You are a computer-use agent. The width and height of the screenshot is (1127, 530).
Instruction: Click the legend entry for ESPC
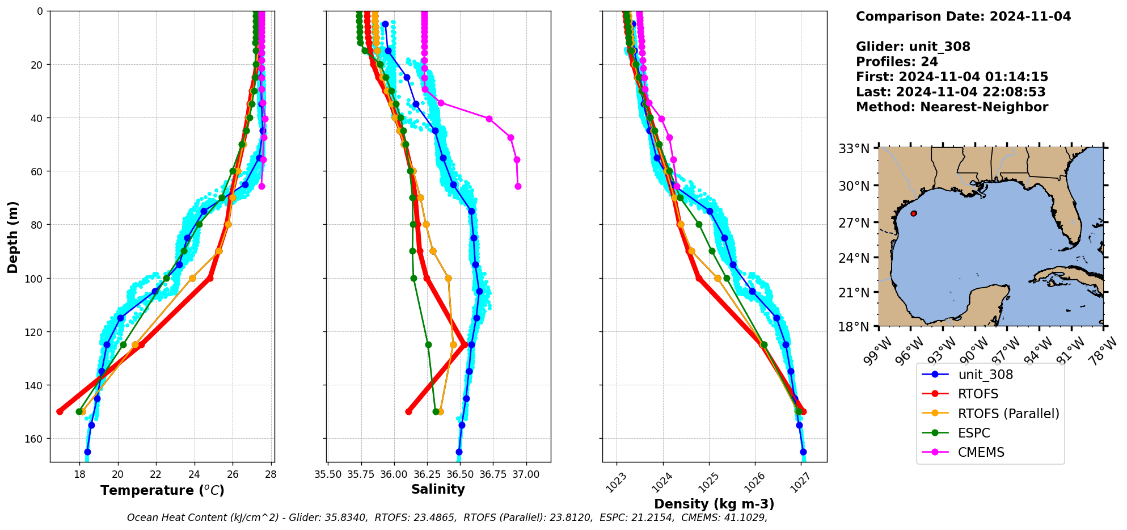973,433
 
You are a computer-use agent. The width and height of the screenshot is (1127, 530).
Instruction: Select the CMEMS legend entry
981,452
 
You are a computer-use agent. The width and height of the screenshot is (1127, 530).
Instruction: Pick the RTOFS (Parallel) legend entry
1008,414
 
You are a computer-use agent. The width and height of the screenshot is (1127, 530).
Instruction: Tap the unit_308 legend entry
985,375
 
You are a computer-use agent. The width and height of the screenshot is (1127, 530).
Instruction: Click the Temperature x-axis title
162,490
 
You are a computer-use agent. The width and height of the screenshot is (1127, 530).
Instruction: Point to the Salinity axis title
438,490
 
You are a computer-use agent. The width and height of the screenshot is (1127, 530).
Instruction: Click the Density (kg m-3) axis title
714,504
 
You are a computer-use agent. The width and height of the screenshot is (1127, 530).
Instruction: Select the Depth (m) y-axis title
13,237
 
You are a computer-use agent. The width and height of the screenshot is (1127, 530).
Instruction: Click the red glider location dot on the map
914,213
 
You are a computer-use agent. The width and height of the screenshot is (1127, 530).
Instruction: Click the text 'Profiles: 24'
897,62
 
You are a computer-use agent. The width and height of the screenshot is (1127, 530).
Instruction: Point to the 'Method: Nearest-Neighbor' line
952,107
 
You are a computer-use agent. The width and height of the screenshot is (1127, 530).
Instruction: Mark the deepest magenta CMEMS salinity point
518,186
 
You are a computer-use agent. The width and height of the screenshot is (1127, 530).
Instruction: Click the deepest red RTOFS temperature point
60,411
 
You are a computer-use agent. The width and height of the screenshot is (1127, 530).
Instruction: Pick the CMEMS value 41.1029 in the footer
744,518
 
